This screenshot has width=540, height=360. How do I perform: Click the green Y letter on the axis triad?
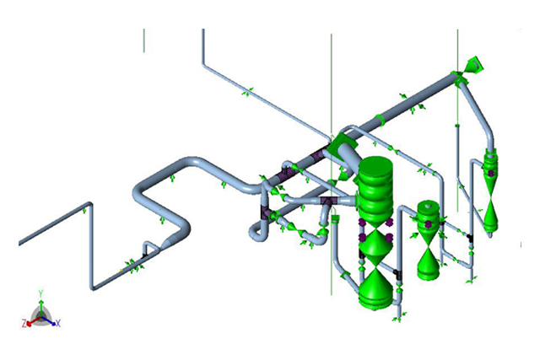pos(40,293)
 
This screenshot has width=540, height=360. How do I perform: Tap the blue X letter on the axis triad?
pos(58,323)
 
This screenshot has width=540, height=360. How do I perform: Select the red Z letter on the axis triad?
pos(24,324)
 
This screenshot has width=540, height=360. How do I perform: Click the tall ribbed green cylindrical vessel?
pos(375,191)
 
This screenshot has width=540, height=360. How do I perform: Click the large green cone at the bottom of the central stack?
pos(375,289)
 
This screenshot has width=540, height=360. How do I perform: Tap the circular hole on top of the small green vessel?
pos(428,206)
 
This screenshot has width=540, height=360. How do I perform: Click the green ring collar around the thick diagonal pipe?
pos(381,121)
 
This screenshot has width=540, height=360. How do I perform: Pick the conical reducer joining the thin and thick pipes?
pos(169,241)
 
